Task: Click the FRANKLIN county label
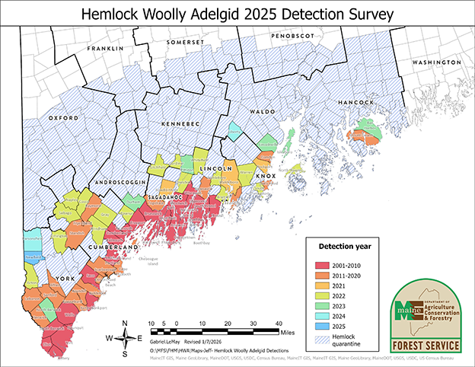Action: click(105, 48)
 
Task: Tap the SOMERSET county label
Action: click(187, 43)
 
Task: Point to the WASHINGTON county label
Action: click(436, 61)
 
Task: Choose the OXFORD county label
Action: click(64, 119)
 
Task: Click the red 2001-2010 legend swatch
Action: click(324, 263)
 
